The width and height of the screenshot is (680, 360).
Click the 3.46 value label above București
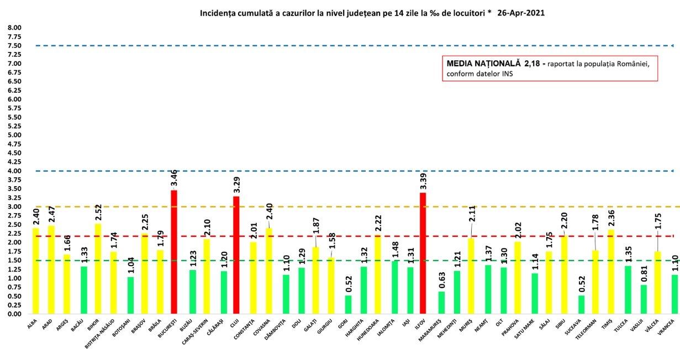pyautogui.click(x=175, y=178)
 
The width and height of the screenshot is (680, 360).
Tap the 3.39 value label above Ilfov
pyautogui.click(x=423, y=181)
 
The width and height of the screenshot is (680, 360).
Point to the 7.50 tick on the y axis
pyautogui.click(x=14, y=46)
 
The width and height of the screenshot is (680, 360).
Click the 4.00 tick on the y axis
pyautogui.click(x=14, y=171)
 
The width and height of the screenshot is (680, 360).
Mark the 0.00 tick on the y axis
pyautogui.click(x=14, y=314)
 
